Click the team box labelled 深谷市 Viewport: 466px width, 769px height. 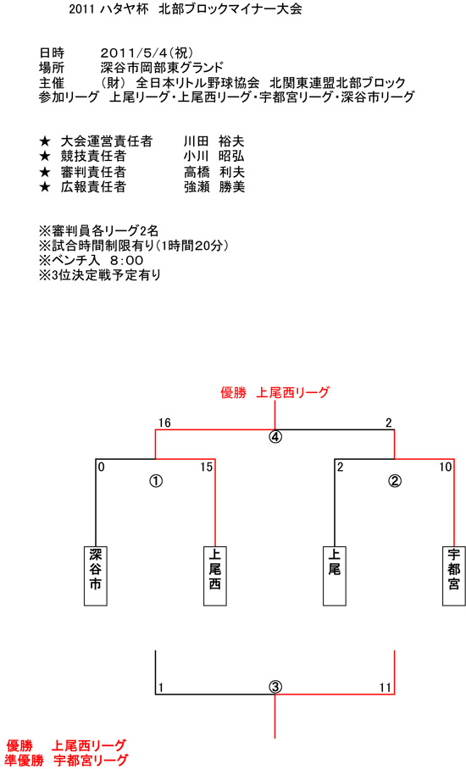96,576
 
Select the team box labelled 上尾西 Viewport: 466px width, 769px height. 215,576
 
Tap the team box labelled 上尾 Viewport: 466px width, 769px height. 334,576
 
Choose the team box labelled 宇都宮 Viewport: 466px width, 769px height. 454,576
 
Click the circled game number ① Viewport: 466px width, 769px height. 156,481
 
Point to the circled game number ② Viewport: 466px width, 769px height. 394,481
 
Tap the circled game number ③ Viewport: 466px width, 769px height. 275,687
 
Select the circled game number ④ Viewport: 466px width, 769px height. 275,436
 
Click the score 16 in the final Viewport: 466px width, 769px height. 164,423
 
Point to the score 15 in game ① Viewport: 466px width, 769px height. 206,467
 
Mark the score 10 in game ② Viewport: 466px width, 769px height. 445,467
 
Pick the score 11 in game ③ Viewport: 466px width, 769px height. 385,688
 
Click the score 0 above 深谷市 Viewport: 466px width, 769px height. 101,467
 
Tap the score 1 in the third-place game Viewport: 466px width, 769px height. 160,688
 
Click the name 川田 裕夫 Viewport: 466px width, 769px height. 214,141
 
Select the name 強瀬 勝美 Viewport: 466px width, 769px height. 214,187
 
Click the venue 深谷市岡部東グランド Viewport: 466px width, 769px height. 162,67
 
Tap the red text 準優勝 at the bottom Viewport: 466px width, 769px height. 25,761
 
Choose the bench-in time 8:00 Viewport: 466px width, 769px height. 126,260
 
